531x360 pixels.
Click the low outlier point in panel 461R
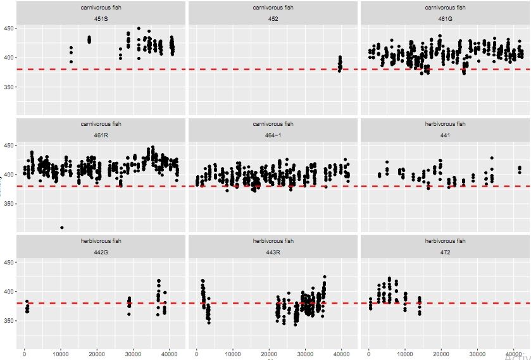pyautogui.click(x=61, y=227)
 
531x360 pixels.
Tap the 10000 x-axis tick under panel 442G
pyautogui.click(x=61, y=354)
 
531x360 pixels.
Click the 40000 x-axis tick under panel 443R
pyautogui.click(x=342, y=354)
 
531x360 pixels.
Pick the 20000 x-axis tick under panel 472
pyautogui.click(x=442, y=354)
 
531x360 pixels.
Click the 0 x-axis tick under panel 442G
pyautogui.click(x=25, y=354)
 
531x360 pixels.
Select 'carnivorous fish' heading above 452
pyautogui.click(x=273, y=8)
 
